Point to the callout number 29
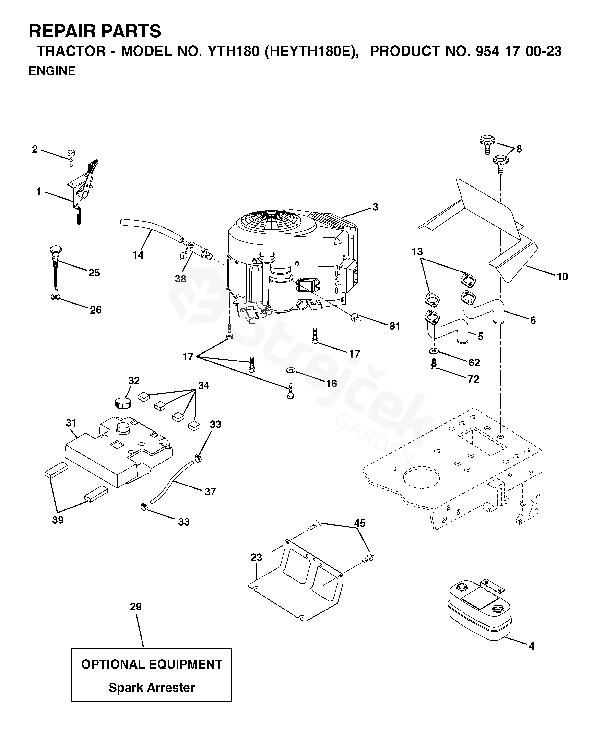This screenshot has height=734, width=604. [x=136, y=607]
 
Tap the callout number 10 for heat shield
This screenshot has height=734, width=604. [x=562, y=277]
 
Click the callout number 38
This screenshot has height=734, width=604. [x=180, y=278]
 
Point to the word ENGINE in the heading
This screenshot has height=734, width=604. [x=52, y=71]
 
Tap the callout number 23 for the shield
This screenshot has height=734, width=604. [x=256, y=557]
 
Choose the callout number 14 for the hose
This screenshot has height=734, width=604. [x=138, y=255]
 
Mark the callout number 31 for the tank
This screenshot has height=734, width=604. [x=71, y=423]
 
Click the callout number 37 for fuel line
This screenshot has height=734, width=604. [x=210, y=491]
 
